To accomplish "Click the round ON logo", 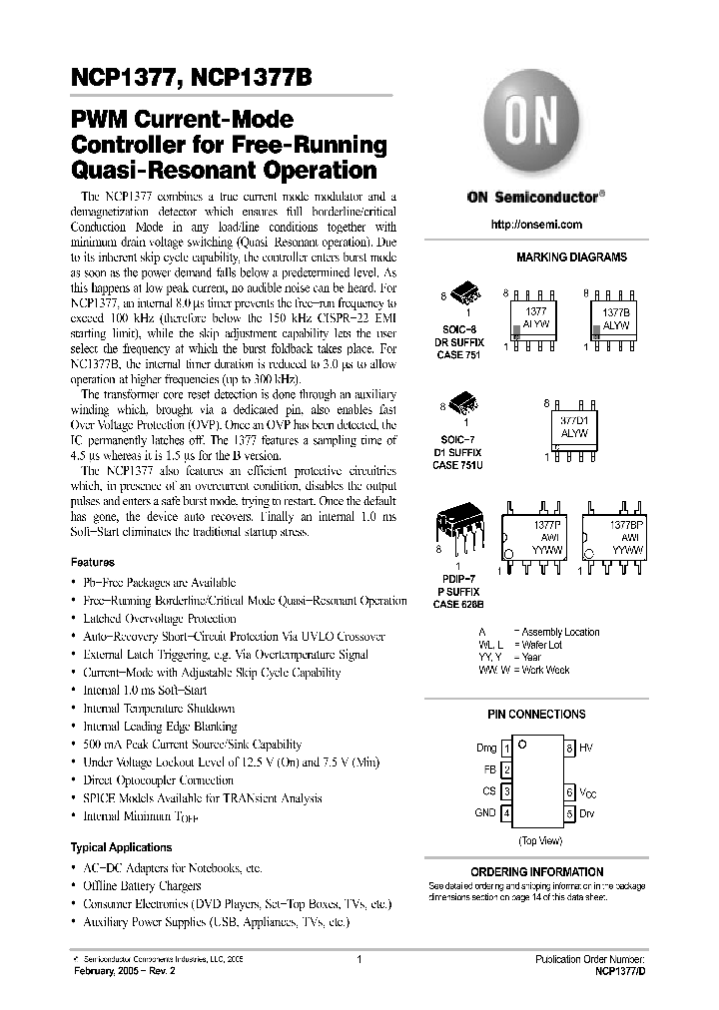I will coord(536,118).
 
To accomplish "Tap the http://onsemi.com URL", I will coord(536,225).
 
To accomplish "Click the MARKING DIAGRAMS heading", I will coord(571,257).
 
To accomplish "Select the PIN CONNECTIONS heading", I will coord(536,715).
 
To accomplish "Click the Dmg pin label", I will coord(485,748).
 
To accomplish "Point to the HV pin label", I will coord(586,748).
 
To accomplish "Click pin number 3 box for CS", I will coord(507,791).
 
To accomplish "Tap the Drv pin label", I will coord(587,813).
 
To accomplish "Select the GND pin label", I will coord(484,813).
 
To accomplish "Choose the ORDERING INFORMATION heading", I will coord(536,871).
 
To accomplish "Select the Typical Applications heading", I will coord(123,847).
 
